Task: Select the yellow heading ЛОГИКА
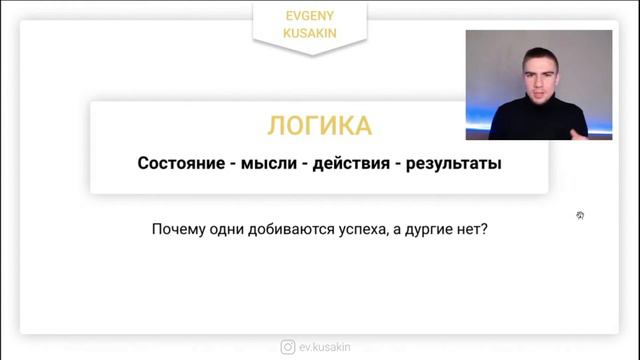click(x=319, y=126)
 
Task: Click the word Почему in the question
click(x=182, y=228)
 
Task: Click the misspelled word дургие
click(x=443, y=229)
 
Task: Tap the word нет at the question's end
click(x=479, y=228)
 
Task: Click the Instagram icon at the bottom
click(x=288, y=347)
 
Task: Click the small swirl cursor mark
click(x=580, y=215)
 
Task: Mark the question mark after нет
click(x=492, y=228)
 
